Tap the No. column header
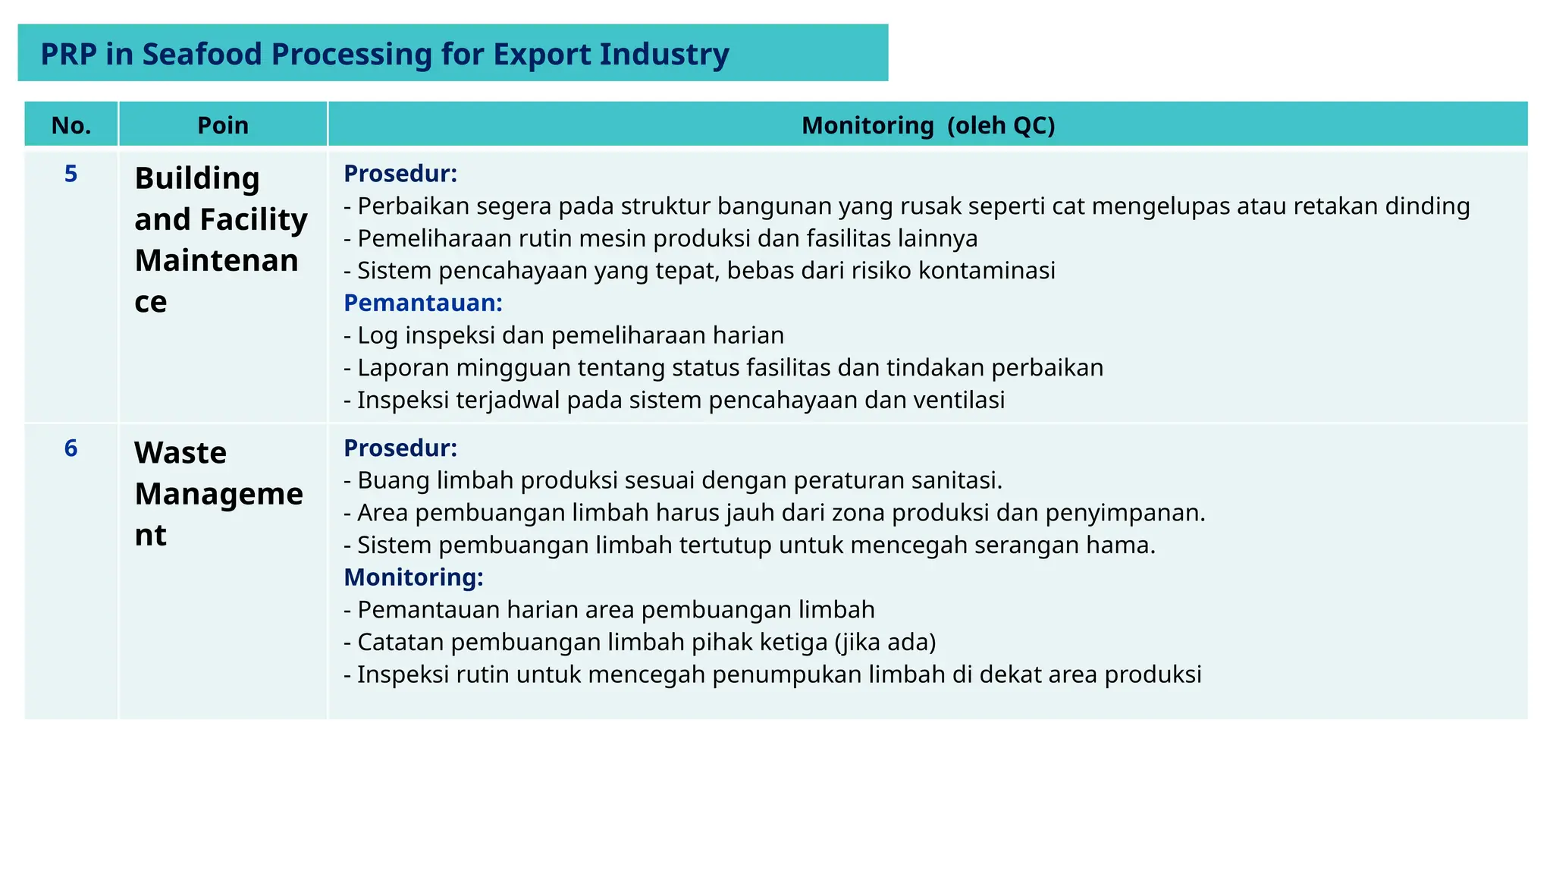point(71,125)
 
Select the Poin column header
point(223,125)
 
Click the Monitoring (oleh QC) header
point(928,125)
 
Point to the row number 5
point(71,174)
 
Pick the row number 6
point(71,448)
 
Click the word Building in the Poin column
point(197,179)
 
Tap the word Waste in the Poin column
point(180,453)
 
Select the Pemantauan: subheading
point(423,303)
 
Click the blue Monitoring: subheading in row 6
point(413,577)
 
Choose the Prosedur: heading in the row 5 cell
point(400,174)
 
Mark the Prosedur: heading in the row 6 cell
point(400,448)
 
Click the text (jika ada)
point(885,643)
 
